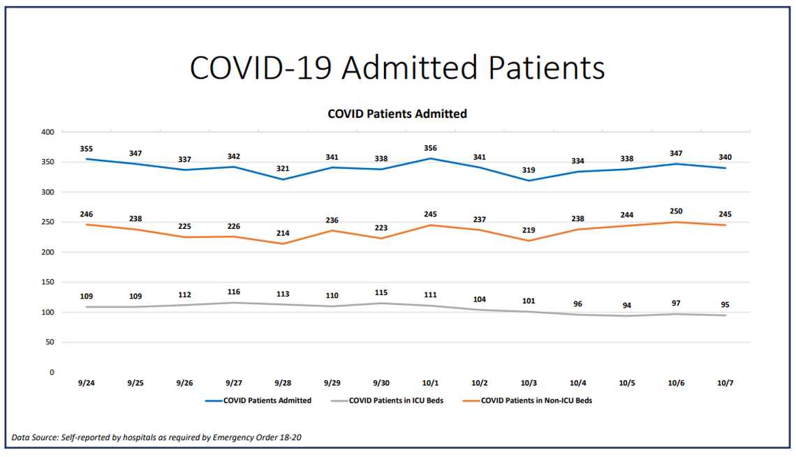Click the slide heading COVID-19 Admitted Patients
coord(397,68)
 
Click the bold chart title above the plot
coord(397,114)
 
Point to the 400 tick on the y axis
coord(48,132)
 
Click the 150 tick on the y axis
coord(48,282)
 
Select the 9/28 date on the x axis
coord(283,383)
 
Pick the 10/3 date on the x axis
coord(529,383)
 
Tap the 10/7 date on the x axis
coord(725,383)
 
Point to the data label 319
coord(529,169)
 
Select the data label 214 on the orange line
coord(283,233)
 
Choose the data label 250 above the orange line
coord(676,211)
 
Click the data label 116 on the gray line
coord(233,291)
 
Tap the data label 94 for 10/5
coord(627,305)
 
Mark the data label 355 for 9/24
coord(86,148)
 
